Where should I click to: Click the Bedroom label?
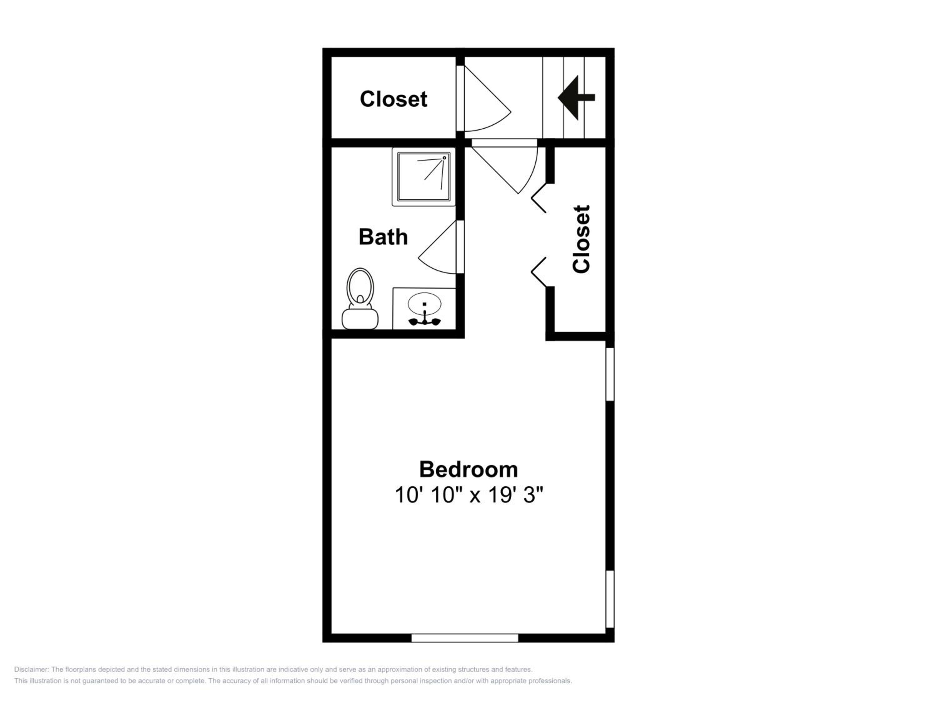point(468,470)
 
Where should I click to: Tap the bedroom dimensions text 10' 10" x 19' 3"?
point(468,495)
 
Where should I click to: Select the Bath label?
point(383,237)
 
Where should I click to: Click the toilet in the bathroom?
point(360,298)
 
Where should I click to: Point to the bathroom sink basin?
point(424,303)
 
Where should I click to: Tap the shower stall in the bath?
point(424,177)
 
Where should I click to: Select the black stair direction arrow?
point(576,97)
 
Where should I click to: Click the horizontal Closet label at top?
point(394,99)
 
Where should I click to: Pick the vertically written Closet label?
point(581,239)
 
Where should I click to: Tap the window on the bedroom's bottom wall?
point(465,638)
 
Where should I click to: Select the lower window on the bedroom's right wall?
point(610,599)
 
